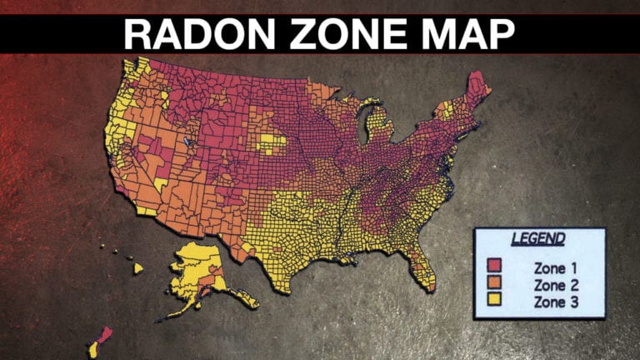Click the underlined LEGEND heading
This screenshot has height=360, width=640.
(537, 239)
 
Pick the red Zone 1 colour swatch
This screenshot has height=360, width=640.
(495, 266)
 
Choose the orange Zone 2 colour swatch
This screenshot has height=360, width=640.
(495, 283)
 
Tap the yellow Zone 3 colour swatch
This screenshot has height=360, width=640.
(495, 301)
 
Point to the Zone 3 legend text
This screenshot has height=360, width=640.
(556, 302)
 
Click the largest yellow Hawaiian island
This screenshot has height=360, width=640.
(137, 268)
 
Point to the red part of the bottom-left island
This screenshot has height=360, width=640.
(103, 336)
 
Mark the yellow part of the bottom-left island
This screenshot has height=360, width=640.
(93, 349)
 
